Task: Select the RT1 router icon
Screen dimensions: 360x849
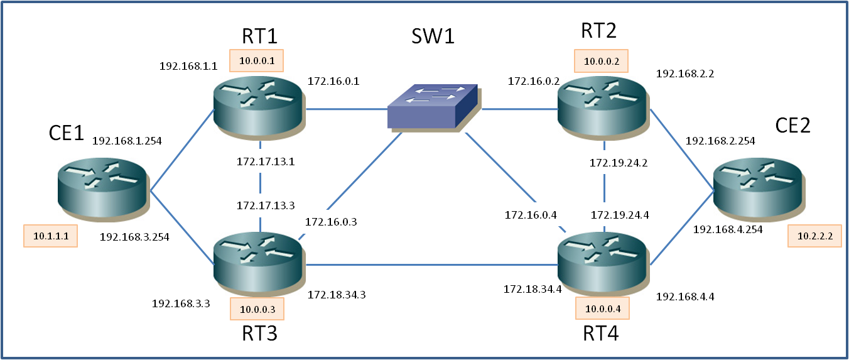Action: pyautogui.click(x=258, y=106)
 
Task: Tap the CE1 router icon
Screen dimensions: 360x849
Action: pyautogui.click(x=103, y=188)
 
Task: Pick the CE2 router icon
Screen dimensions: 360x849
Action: pyautogui.click(x=758, y=188)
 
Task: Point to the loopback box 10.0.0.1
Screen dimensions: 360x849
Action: pyautogui.click(x=257, y=60)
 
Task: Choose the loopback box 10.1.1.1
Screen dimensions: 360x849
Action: pyautogui.click(x=50, y=236)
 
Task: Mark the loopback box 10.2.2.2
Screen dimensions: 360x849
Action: pyautogui.click(x=814, y=236)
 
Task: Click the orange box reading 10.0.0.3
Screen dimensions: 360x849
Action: pyautogui.click(x=257, y=308)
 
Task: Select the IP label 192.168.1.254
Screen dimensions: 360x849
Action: pyautogui.click(x=127, y=141)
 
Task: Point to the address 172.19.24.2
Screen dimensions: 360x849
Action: pyautogui.click(x=619, y=163)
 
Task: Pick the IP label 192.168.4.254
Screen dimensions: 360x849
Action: pyautogui.click(x=728, y=229)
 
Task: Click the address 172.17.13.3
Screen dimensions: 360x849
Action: pyautogui.click(x=266, y=205)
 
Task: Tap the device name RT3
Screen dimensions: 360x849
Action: pyautogui.click(x=259, y=333)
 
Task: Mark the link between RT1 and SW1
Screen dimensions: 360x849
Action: pyautogui.click(x=345, y=109)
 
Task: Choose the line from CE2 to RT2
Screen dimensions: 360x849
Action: pyautogui.click(x=681, y=148)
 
